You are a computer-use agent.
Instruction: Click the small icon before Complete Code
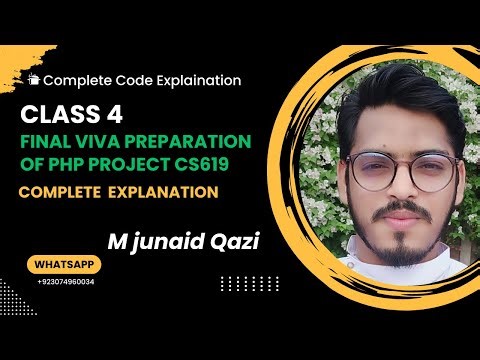coord(35,79)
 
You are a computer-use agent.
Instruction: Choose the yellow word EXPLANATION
coord(164,190)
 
